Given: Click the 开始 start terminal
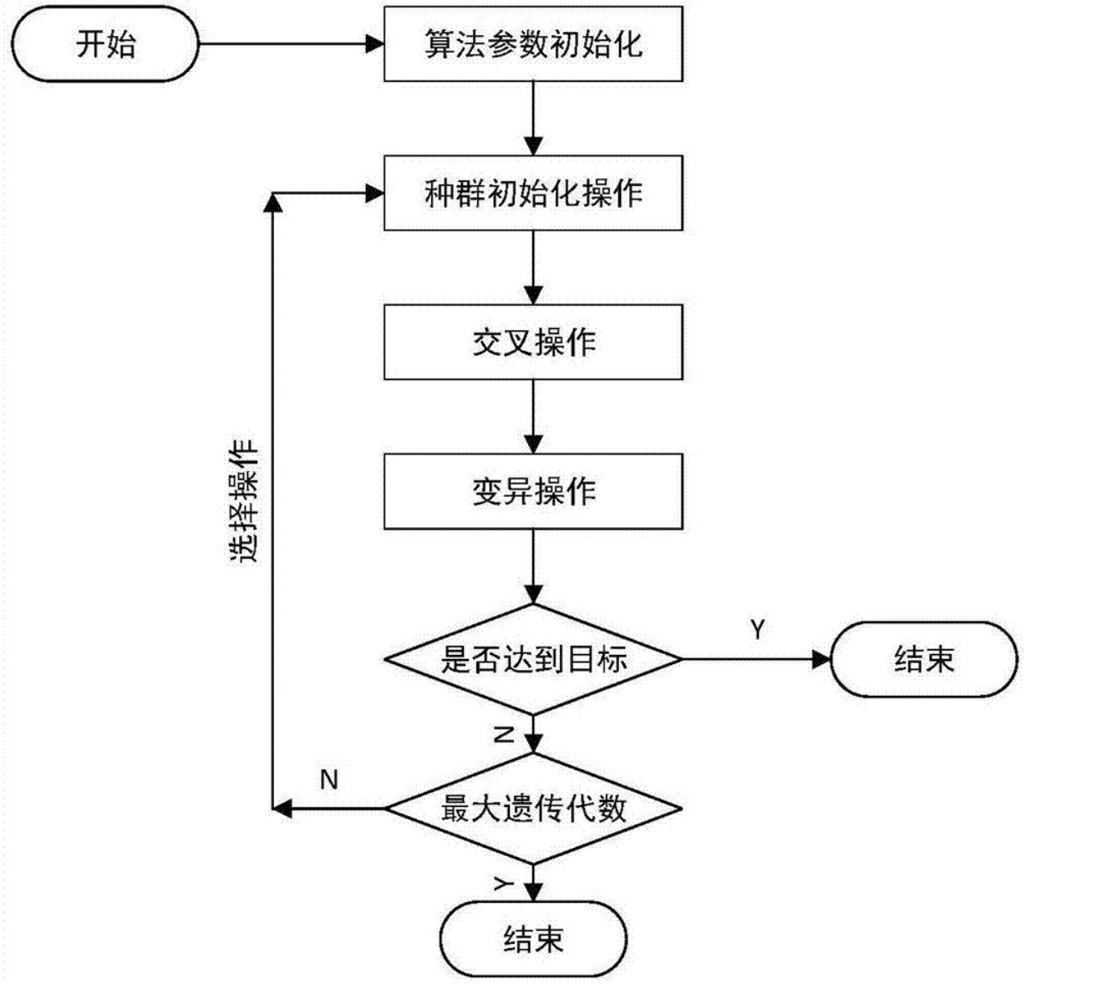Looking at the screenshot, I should tap(105, 44).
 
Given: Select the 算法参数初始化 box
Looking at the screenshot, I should tap(533, 44).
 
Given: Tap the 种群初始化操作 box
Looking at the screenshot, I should tap(533, 193).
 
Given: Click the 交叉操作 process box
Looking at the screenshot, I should tap(533, 342).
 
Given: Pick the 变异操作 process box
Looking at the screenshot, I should tap(533, 491).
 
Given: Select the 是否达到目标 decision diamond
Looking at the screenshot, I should tap(533, 659).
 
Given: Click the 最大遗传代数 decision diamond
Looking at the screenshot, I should tap(533, 808).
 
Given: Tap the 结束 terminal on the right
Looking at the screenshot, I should tap(924, 659).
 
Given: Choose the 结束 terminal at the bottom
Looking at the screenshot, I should tap(533, 939).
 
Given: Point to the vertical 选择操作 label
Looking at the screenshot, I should tap(245, 500).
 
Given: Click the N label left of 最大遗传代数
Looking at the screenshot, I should tap(329, 779).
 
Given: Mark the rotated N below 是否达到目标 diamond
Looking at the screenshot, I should tap(504, 734).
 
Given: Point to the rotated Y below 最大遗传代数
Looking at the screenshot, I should tap(503, 883).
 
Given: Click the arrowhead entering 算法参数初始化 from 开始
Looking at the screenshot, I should tap(375, 44).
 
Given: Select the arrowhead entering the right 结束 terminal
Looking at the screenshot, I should tap(822, 659).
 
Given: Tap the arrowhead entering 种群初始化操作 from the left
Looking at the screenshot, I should tap(375, 194).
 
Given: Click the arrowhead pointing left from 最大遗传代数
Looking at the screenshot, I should tap(282, 808).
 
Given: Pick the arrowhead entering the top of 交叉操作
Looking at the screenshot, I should tap(533, 296).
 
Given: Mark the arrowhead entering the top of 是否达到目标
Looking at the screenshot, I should tap(533, 595).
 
